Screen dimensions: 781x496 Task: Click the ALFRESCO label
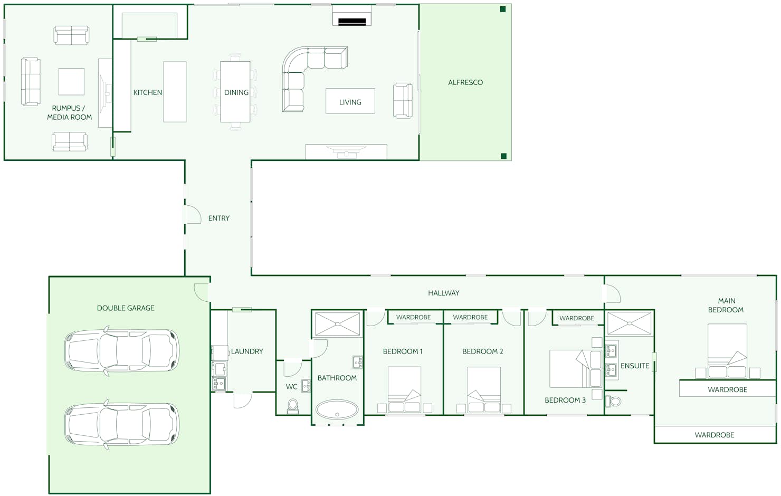(465, 83)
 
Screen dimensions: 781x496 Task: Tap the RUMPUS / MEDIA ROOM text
(69, 112)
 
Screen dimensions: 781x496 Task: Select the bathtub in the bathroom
(337, 409)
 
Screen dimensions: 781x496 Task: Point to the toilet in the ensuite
(613, 401)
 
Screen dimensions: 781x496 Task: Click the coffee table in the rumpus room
(71, 82)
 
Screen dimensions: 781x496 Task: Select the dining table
(235, 92)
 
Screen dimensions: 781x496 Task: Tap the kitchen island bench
(175, 92)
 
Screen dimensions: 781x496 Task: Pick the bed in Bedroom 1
(404, 389)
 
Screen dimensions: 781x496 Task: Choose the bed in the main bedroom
(727, 351)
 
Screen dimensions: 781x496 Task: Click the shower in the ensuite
(630, 324)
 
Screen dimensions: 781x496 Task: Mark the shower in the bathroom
(338, 324)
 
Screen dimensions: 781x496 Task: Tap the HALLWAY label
(443, 293)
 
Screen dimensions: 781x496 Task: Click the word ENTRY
(219, 218)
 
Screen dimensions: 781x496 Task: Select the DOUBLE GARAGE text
(126, 308)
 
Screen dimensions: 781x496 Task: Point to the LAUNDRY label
(247, 351)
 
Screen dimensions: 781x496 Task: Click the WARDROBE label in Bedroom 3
(577, 318)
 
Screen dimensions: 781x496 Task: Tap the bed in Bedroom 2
(484, 389)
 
